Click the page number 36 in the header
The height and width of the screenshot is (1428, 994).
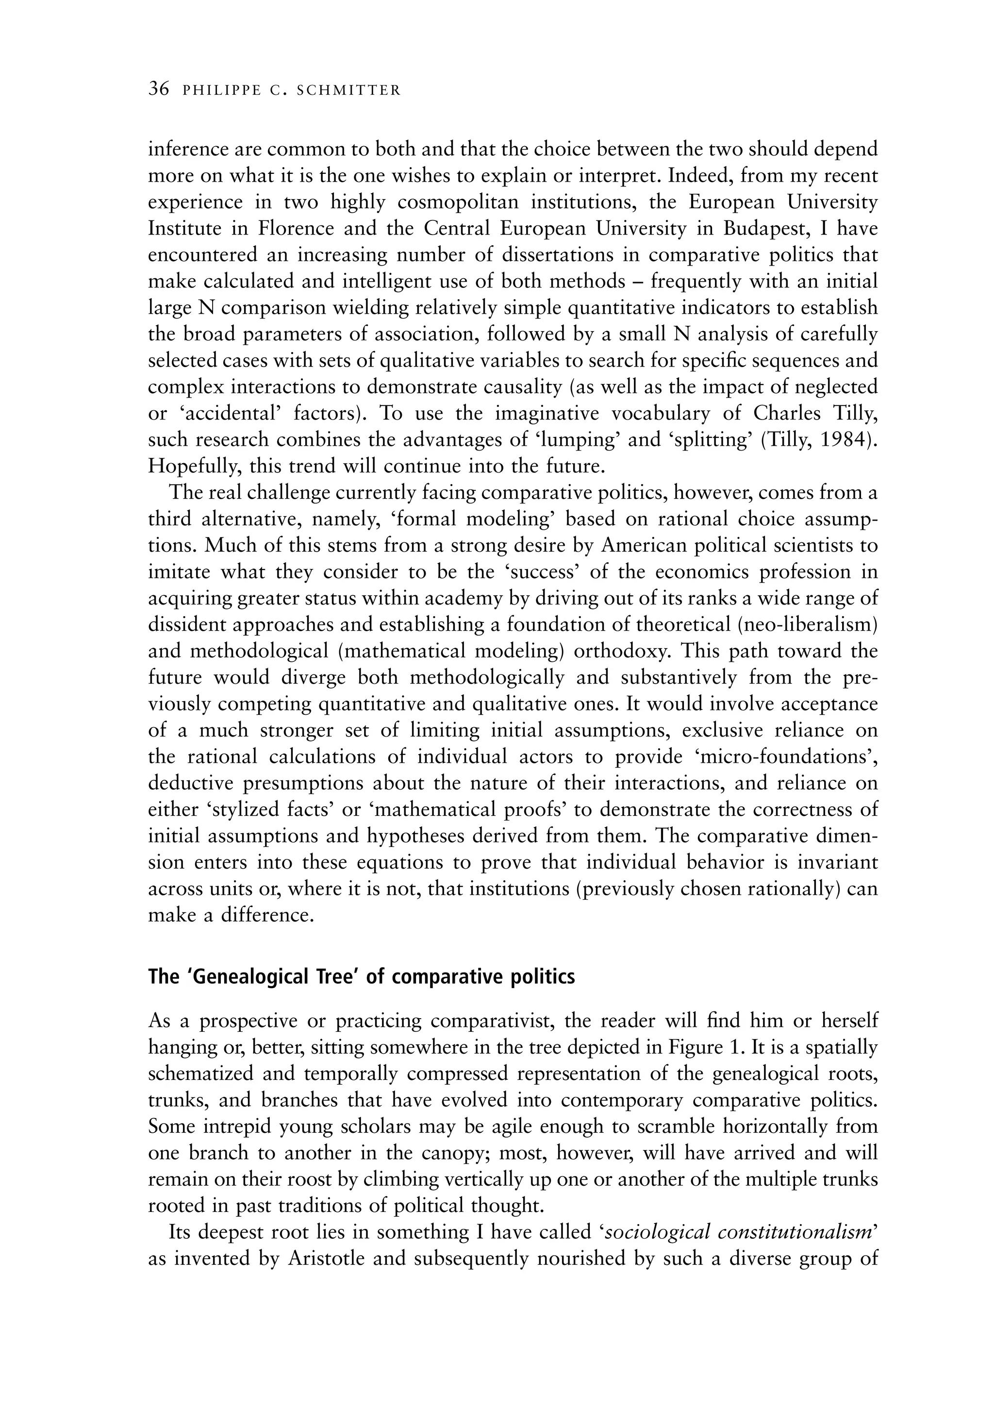159,89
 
